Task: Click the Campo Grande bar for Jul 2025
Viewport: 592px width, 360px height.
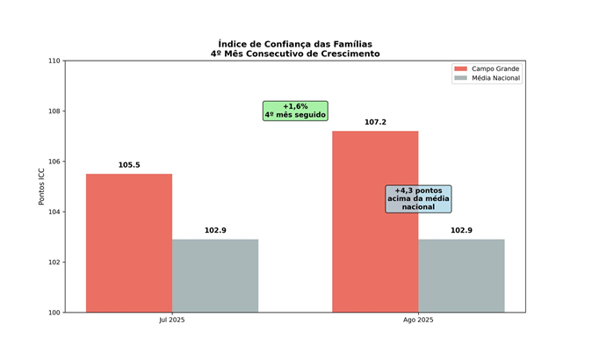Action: tap(129, 242)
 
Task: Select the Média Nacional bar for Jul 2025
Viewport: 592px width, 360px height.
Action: tap(215, 276)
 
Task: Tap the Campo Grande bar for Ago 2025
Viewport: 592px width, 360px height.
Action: tap(375, 221)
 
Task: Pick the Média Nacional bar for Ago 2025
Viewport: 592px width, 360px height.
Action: tap(461, 276)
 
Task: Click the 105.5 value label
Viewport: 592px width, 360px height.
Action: tap(129, 165)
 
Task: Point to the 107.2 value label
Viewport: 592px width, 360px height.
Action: tap(375, 122)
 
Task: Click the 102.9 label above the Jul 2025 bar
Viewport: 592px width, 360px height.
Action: tap(215, 230)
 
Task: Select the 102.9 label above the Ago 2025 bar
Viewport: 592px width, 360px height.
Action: tap(461, 230)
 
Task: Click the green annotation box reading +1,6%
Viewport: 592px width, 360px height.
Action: tap(295, 110)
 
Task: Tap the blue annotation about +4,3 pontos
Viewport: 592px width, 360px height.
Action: tap(418, 198)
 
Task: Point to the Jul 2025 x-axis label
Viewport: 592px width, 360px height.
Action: tap(172, 320)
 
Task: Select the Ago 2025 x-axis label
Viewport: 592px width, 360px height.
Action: tap(418, 320)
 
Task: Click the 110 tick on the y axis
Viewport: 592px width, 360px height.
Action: tap(54, 61)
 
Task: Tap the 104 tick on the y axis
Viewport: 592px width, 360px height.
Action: tap(54, 212)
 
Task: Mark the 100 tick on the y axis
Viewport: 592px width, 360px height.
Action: tap(54, 313)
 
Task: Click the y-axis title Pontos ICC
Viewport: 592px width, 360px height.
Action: tap(41, 186)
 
